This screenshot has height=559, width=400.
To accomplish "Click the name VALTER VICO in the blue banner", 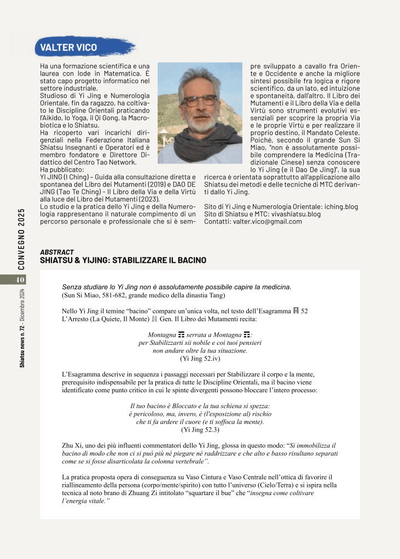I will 68,48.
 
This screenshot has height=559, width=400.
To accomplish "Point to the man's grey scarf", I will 200,142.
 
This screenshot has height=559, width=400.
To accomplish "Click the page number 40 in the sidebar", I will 21,280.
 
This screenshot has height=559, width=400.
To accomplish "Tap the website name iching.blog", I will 340,207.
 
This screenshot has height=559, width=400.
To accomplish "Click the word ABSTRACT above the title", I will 57,252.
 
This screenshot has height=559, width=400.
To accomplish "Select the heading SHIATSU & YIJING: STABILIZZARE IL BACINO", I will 123,261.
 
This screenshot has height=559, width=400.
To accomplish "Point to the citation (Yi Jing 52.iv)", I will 200,358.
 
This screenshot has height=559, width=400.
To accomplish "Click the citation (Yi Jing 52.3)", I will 200,430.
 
